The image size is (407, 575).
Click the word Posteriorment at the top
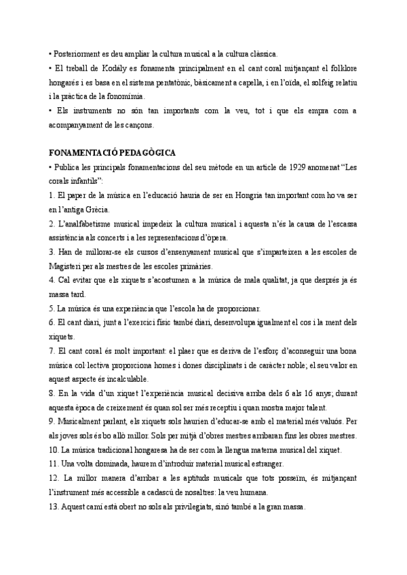[x=79, y=54]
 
